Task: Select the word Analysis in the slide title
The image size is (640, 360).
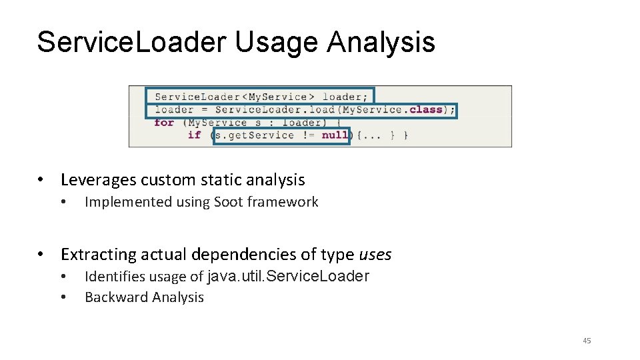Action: coord(381,42)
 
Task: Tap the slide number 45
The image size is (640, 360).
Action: coord(587,341)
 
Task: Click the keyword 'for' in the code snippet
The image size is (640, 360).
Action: coord(163,123)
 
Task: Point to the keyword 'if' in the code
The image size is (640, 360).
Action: coord(194,135)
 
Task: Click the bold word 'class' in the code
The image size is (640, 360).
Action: coord(425,109)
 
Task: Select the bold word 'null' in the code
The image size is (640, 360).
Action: coord(334,135)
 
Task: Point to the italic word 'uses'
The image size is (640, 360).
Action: coord(375,255)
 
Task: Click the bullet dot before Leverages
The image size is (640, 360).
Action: coord(41,180)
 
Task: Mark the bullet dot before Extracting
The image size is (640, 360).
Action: coord(41,255)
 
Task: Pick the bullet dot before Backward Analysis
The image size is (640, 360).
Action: coord(63,297)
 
